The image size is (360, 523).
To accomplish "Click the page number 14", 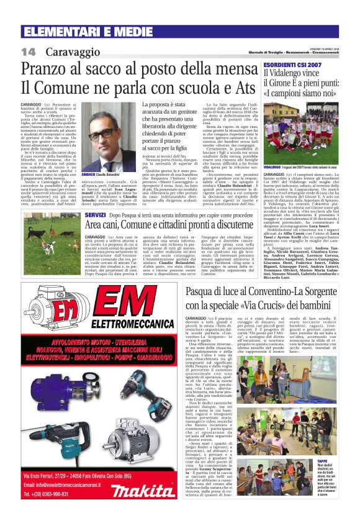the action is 29,51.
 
